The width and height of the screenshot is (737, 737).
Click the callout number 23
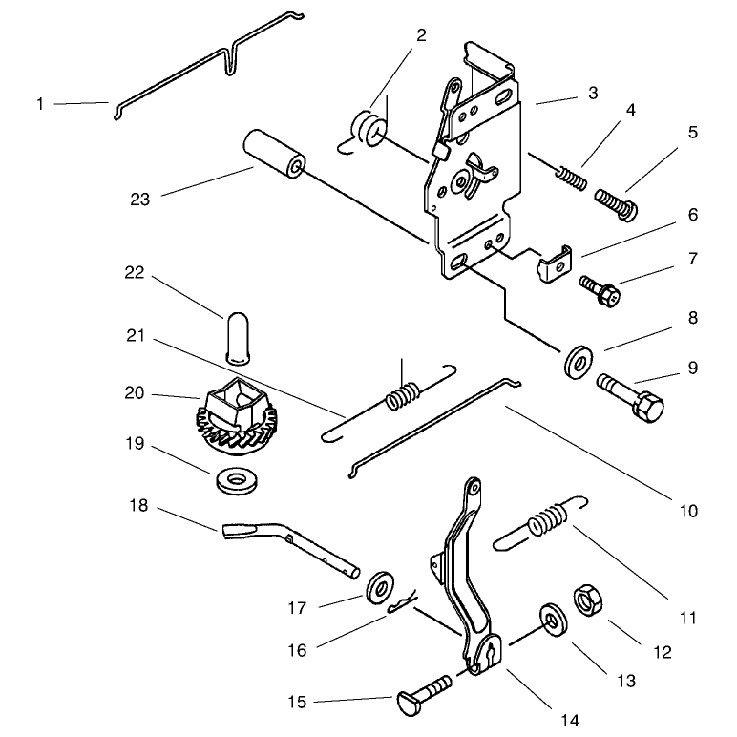(139, 200)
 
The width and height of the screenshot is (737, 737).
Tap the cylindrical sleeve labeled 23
(274, 154)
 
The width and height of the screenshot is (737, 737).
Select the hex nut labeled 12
(588, 600)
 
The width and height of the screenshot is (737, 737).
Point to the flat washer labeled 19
(237, 480)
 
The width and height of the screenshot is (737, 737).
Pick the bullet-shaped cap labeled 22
(238, 338)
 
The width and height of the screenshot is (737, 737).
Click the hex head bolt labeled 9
(631, 398)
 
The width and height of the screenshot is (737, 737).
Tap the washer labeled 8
(578, 361)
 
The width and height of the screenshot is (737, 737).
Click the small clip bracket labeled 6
(555, 263)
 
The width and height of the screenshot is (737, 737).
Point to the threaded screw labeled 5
(616, 204)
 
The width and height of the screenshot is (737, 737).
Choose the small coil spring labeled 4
(572, 179)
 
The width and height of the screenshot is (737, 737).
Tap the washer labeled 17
(380, 587)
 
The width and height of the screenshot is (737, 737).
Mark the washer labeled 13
(553, 620)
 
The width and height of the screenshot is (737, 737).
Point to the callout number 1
(40, 104)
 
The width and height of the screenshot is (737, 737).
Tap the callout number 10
(688, 511)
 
